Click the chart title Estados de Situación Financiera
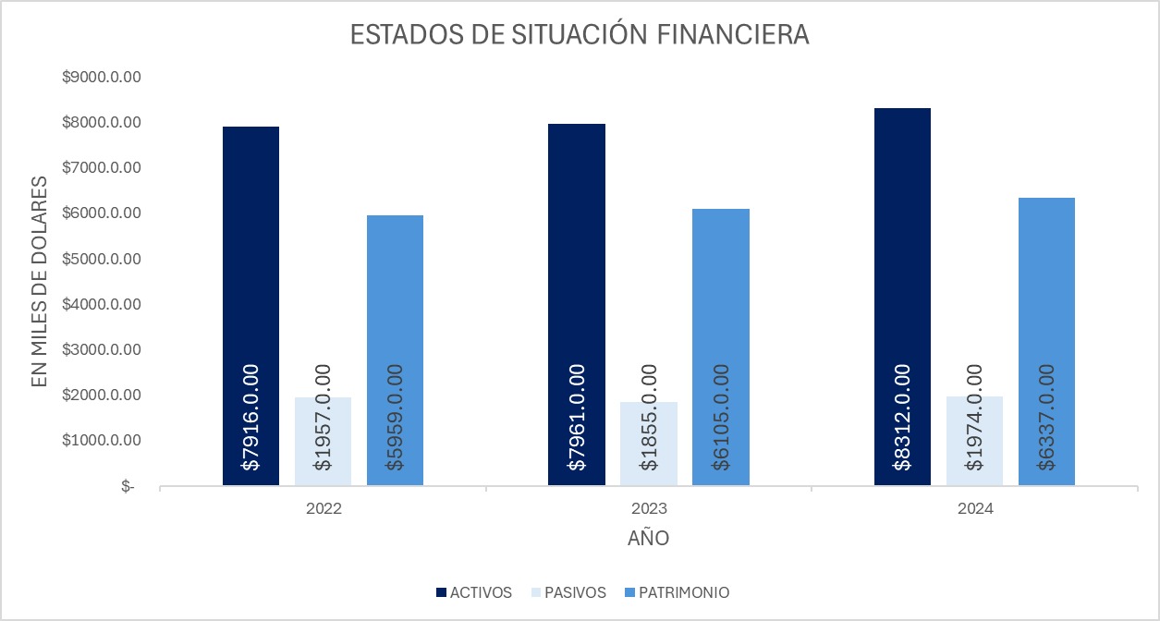[580, 35]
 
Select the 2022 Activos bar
[250, 277]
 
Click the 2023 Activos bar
[576, 277]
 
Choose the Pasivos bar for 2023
[648, 444]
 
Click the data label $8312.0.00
[902, 417]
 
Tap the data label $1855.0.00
[648, 417]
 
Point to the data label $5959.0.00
[395, 417]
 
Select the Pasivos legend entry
[568, 592]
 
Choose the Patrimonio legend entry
[677, 592]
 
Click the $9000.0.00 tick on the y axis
[101, 78]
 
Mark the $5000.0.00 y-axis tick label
[101, 259]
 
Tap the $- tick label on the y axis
[128, 486]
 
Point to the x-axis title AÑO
[648, 538]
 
